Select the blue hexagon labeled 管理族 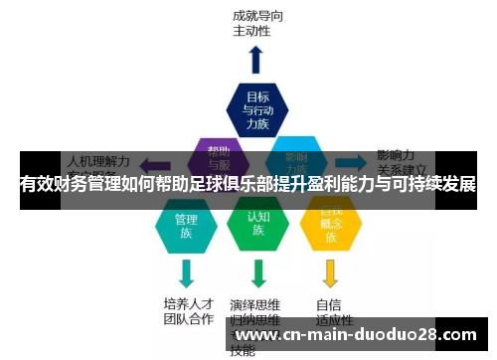pyautogui.click(x=186, y=227)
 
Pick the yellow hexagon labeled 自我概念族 pyautogui.click(x=331, y=225)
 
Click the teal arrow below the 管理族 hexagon pyautogui.click(x=186, y=271)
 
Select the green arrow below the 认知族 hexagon pyautogui.click(x=258, y=271)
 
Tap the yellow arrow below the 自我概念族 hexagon pyautogui.click(x=331, y=271)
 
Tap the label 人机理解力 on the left pyautogui.click(x=98, y=159)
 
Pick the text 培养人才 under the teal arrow pyautogui.click(x=188, y=303)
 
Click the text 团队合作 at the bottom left pyautogui.click(x=188, y=320)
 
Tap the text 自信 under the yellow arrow pyautogui.click(x=329, y=304)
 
